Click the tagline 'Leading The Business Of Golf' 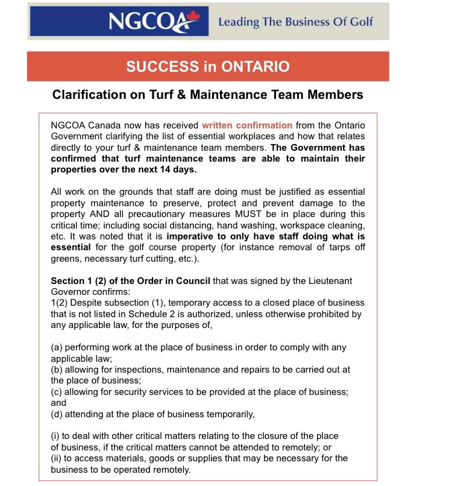295,22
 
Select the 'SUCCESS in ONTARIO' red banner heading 208,66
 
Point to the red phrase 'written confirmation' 247,125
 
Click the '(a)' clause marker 57,347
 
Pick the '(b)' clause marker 57,369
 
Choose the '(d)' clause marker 57,414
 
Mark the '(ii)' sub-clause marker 57,458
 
